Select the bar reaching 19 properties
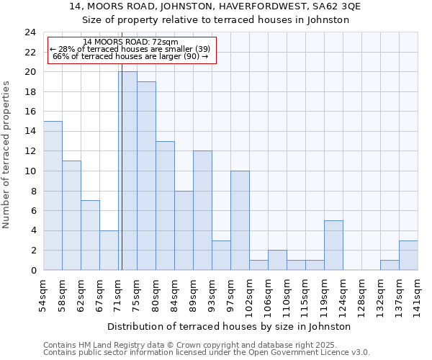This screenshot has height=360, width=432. click(146, 176)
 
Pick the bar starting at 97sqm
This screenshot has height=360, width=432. click(240, 220)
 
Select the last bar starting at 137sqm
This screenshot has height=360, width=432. click(408, 256)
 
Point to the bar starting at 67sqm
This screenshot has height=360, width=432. click(109, 250)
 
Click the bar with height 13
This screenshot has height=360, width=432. click(165, 205)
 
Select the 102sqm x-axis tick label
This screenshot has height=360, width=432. click(250, 296)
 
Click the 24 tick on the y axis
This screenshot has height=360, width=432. click(30, 32)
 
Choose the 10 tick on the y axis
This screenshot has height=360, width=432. click(30, 171)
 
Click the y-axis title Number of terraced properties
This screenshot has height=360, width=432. click(7, 155)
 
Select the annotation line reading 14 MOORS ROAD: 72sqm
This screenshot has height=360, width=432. click(131, 42)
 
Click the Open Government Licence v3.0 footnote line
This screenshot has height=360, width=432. click(207, 353)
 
